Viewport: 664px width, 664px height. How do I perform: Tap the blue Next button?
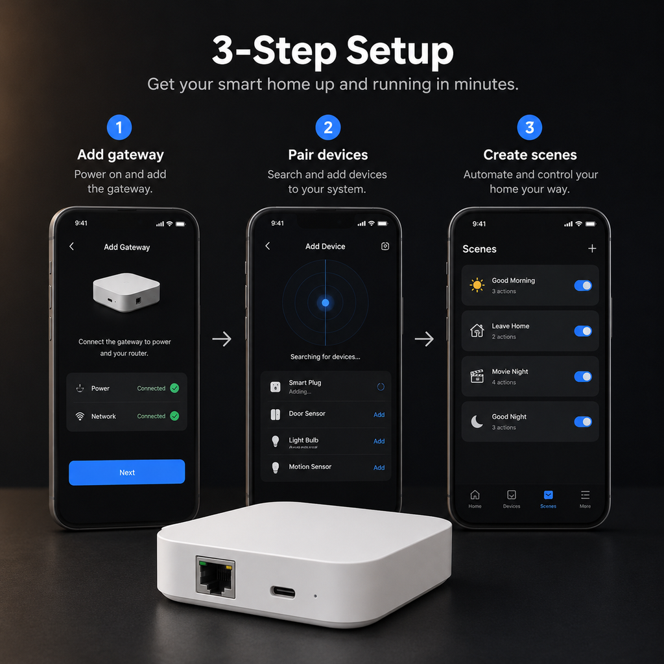(126, 472)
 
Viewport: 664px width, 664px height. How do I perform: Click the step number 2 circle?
(327, 128)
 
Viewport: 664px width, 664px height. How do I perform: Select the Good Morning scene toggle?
(583, 285)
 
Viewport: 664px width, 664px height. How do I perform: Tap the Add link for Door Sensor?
(379, 414)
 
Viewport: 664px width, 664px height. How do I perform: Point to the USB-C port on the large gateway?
(283, 592)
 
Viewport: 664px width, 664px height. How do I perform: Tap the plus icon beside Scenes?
(592, 248)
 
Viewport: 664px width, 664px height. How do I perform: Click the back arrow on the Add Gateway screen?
(71, 246)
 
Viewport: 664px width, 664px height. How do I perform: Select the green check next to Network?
(174, 416)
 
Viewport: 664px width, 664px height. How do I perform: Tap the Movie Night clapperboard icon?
(477, 376)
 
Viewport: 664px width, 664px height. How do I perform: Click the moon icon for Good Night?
(477, 421)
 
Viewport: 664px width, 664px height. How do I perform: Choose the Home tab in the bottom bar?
(475, 499)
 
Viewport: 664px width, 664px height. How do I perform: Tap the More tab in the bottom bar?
(585, 499)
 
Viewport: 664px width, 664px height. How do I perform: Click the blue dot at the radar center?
(326, 302)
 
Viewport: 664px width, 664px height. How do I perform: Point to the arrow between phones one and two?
(222, 338)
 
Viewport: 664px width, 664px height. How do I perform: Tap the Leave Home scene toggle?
(583, 331)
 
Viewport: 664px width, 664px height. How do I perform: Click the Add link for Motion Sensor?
(379, 468)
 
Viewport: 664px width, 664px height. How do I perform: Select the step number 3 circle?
(529, 128)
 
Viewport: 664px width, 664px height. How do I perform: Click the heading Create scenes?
(530, 155)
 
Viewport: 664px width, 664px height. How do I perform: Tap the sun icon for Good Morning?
(477, 285)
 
